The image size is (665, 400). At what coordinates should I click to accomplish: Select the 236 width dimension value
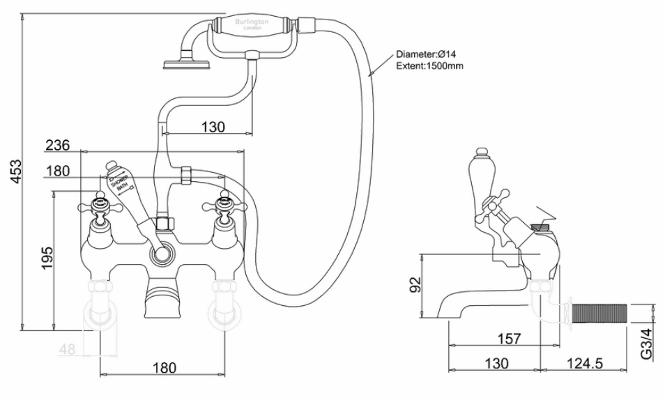point(57,145)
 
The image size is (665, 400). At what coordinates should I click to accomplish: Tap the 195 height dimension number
point(47,259)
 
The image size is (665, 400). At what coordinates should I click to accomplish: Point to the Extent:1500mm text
point(429,66)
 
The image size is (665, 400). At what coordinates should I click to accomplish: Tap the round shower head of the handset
point(181,66)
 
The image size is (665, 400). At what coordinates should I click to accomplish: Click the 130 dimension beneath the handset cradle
point(213,127)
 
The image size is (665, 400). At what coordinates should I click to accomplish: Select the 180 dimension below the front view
point(163,367)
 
